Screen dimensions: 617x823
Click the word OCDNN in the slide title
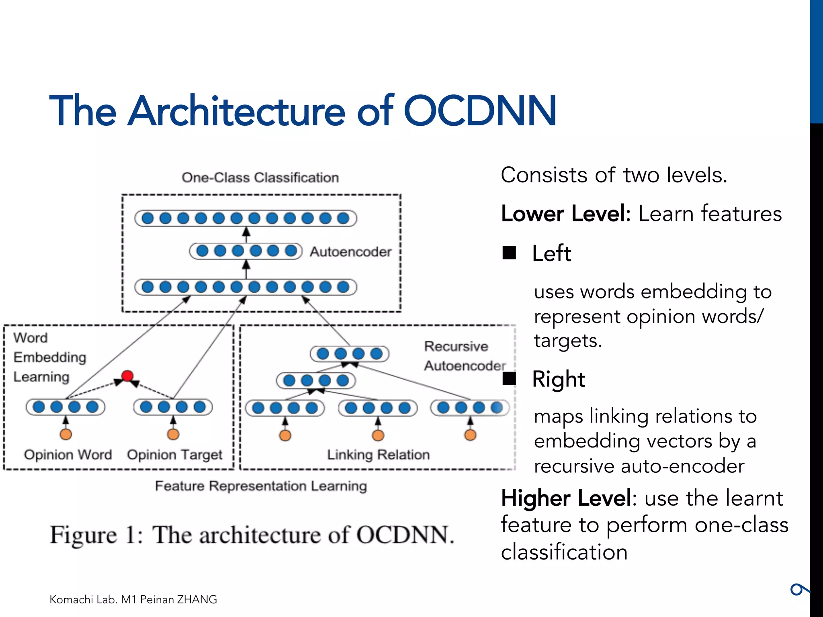pos(480,111)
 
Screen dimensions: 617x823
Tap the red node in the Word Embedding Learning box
pos(127,376)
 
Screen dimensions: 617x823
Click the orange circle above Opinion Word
pos(66,434)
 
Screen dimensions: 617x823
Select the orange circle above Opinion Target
pos(173,434)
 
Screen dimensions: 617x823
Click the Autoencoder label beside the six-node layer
pos(350,252)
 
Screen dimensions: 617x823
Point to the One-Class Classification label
pos(260,178)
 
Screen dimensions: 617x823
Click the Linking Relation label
pos(378,455)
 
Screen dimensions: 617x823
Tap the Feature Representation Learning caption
pos(261,486)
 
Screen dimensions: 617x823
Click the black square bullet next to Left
pos(509,253)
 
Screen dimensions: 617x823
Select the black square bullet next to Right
pos(509,378)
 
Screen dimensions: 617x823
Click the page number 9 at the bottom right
pos(799,590)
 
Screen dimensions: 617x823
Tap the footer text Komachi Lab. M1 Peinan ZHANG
pos(133,599)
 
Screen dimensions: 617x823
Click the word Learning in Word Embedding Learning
pos(41,377)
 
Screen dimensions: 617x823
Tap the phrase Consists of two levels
pos(614,175)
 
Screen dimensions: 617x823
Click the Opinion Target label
pos(174,455)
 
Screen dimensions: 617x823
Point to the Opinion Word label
pos(68,455)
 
